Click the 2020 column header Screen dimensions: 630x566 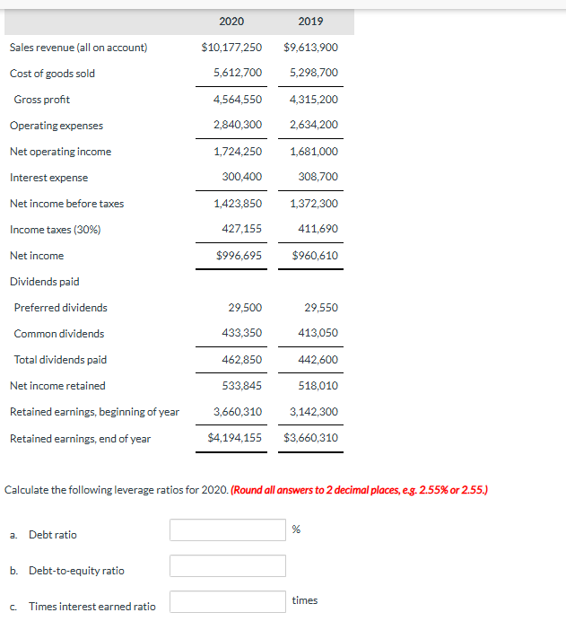[231, 22]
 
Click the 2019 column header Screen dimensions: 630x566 [310, 22]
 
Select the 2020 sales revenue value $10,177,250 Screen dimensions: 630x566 [231, 48]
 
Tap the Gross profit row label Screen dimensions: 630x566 [41, 100]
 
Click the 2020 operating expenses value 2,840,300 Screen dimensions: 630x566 [238, 125]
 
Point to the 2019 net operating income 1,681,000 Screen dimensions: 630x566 [314, 152]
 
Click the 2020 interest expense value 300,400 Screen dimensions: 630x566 [241, 178]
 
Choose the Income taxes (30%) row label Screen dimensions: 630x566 [55, 230]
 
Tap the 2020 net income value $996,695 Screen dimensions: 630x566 [239, 256]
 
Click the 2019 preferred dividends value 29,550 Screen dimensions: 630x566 [321, 308]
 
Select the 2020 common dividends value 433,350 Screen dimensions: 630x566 [241, 334]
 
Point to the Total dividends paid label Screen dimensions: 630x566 [60, 360]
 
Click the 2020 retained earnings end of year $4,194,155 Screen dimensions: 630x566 [234, 439]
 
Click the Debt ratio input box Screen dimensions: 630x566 [228, 530]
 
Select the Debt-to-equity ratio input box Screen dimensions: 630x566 [228, 566]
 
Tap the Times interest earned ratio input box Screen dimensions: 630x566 [228, 601]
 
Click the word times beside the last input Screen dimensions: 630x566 [305, 600]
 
